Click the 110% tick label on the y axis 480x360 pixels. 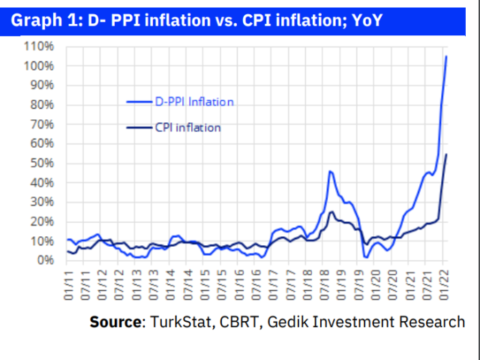point(39,46)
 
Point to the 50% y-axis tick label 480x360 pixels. point(41,163)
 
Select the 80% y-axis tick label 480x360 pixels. point(41,105)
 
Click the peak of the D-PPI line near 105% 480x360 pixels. point(447,56)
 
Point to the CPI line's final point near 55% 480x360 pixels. point(447,154)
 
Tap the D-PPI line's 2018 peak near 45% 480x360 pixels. point(330,172)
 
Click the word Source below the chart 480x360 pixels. point(115,322)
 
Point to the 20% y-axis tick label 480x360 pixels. point(41,221)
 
